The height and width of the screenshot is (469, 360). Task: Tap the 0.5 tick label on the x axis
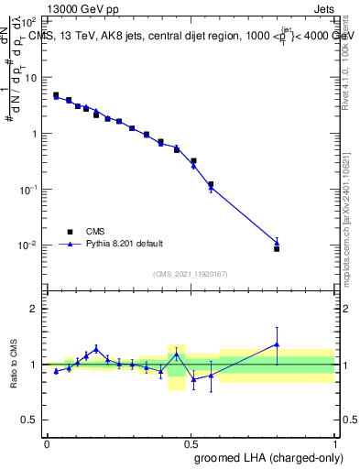(x=191, y=443)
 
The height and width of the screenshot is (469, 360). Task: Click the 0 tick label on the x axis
(x=47, y=443)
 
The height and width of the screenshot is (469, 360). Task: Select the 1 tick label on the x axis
(x=335, y=443)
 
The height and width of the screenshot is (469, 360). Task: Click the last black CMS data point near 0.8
(x=277, y=248)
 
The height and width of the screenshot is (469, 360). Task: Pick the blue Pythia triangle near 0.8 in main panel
(x=277, y=243)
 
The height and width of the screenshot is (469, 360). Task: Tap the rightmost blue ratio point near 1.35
(x=277, y=344)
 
